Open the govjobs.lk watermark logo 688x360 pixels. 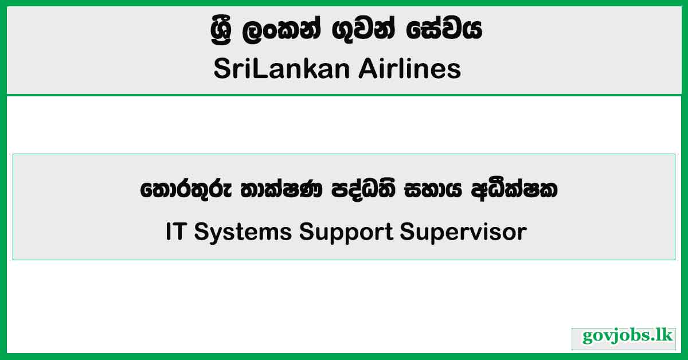point(624,338)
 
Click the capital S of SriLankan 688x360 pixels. point(221,70)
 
